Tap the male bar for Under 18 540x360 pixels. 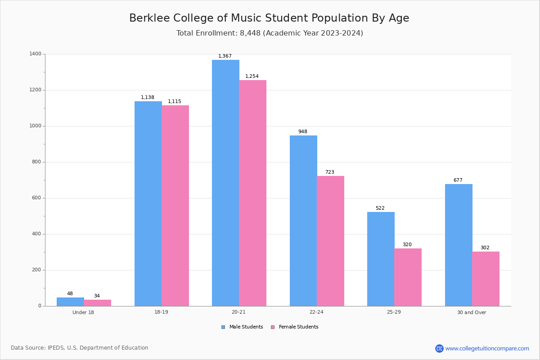[x=70, y=301]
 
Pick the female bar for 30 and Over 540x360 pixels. [x=486, y=279]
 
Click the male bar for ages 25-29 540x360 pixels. [x=381, y=259]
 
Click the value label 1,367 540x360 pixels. [x=225, y=56]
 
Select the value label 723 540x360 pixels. [x=330, y=172]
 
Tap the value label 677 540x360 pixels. [x=458, y=180]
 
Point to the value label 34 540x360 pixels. [x=97, y=296]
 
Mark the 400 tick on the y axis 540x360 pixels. [x=36, y=234]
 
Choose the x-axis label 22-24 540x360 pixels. [x=316, y=312]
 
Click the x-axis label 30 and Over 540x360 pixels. [x=472, y=312]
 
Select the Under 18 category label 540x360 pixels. [x=83, y=312]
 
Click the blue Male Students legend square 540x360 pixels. [x=223, y=327]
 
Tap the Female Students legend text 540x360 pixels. [x=298, y=327]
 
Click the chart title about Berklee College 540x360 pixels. [x=269, y=18]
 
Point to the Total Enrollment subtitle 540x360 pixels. [x=270, y=33]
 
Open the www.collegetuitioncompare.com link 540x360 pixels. [x=487, y=348]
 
